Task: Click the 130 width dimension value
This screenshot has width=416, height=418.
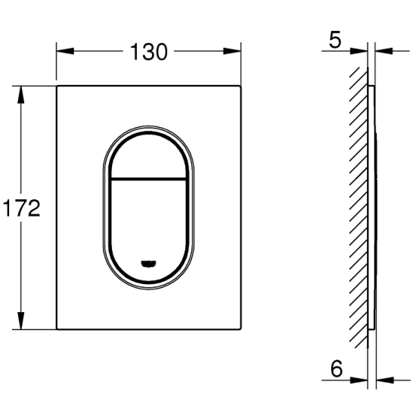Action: pyautogui.click(x=149, y=51)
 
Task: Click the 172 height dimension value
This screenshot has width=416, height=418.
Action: pyautogui.click(x=21, y=208)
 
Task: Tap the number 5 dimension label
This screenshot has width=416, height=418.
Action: pyautogui.click(x=335, y=41)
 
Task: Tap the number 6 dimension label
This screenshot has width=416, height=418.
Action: pyautogui.click(x=337, y=369)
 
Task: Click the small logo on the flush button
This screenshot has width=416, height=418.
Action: pyautogui.click(x=148, y=263)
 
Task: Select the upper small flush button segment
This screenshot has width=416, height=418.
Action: pyautogui.click(x=148, y=156)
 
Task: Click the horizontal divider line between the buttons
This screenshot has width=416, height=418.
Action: pyautogui.click(x=148, y=179)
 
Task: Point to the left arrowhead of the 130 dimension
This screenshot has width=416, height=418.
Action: pyautogui.click(x=65, y=51)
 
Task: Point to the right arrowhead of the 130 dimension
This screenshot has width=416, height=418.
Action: pyautogui.click(x=232, y=51)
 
